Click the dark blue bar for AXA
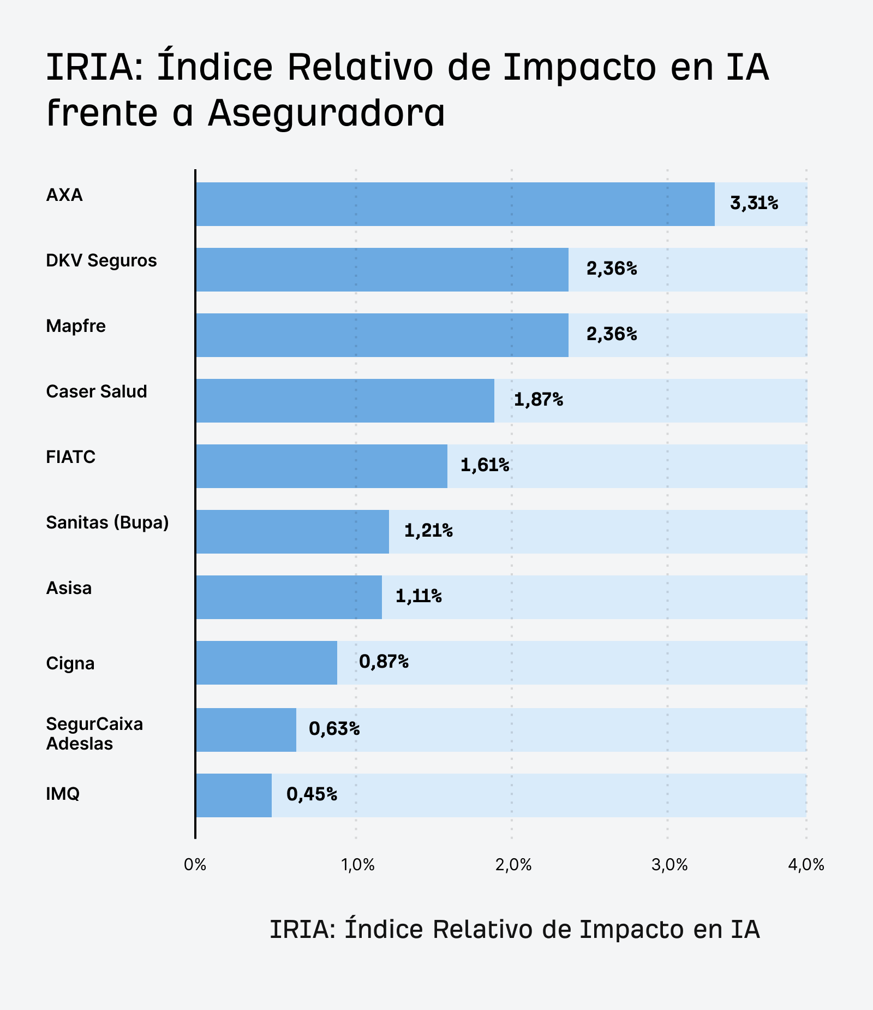pyautogui.click(x=455, y=204)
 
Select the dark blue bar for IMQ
pyautogui.click(x=234, y=795)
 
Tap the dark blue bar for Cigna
pyautogui.click(x=266, y=663)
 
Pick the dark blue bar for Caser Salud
pyautogui.click(x=345, y=401)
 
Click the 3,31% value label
pyautogui.click(x=754, y=204)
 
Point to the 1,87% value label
pyautogui.click(x=538, y=400)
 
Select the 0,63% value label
pyautogui.click(x=334, y=729)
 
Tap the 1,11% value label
pyautogui.click(x=418, y=596)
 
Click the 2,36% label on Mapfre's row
pyautogui.click(x=612, y=335)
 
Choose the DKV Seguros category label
pyautogui.click(x=101, y=260)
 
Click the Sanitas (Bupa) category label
pyautogui.click(x=107, y=522)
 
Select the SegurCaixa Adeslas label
pyautogui.click(x=94, y=734)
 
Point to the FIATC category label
pyautogui.click(x=71, y=457)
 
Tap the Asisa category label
pyautogui.click(x=69, y=588)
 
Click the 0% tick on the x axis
pyautogui.click(x=195, y=865)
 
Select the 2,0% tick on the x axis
pyautogui.click(x=513, y=865)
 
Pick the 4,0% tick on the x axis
pyautogui.click(x=806, y=865)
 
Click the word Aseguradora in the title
pyautogui.click(x=326, y=114)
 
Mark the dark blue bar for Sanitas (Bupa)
pyautogui.click(x=292, y=532)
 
